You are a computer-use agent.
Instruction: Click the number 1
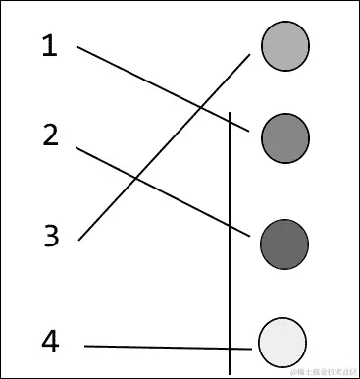[x=50, y=45]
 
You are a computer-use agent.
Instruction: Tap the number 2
[x=52, y=135]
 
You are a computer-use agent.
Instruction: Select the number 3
[x=52, y=236]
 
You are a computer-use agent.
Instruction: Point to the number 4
[x=51, y=341]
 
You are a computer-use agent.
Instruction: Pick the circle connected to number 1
[x=284, y=137]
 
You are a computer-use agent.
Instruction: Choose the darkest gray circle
[x=284, y=244]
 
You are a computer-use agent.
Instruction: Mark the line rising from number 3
[x=108, y=206]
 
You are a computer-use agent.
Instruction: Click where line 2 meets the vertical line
[x=231, y=225]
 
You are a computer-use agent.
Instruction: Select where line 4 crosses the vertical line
[x=231, y=348]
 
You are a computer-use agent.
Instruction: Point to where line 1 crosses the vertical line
[x=231, y=118]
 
